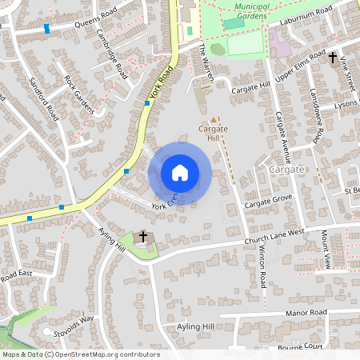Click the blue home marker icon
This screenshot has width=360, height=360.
(180, 173)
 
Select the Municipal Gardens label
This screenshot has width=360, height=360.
(241, 10)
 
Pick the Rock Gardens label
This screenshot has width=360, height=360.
(79, 95)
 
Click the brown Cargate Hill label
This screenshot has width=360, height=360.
(214, 132)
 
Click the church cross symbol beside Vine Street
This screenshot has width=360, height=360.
(332, 57)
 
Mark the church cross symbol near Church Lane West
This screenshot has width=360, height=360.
(144, 236)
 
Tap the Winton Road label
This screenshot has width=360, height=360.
(262, 269)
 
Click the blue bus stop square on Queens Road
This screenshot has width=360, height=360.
(47, 28)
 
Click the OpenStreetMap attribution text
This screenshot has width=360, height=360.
(80, 354)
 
